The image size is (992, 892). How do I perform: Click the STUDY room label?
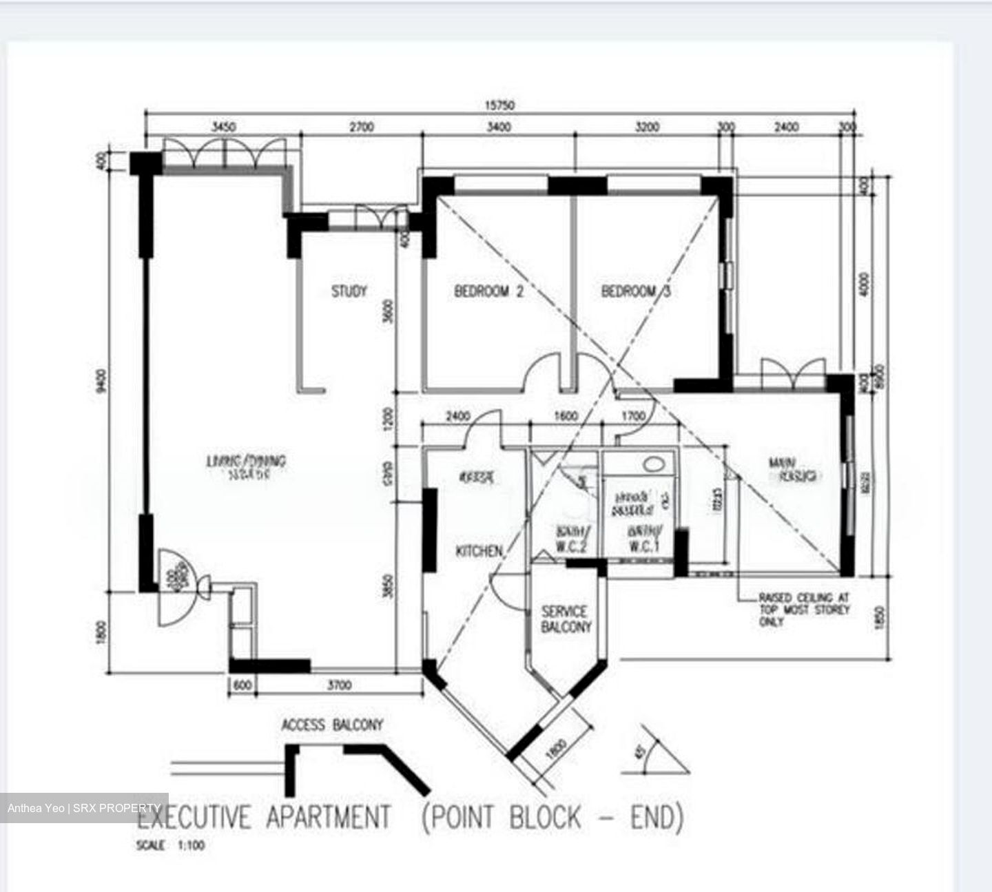pyautogui.click(x=349, y=291)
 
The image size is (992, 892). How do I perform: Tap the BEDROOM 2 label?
pyautogui.click(x=488, y=291)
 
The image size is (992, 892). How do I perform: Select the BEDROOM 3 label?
pyautogui.click(x=635, y=291)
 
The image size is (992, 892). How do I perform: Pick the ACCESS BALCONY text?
pyautogui.click(x=331, y=725)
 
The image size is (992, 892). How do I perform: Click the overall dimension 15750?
pyautogui.click(x=500, y=105)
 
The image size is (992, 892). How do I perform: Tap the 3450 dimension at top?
pyautogui.click(x=223, y=127)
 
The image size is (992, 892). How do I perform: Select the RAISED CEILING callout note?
pyautogui.click(x=803, y=610)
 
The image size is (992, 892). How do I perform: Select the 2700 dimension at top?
pyautogui.click(x=361, y=127)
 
